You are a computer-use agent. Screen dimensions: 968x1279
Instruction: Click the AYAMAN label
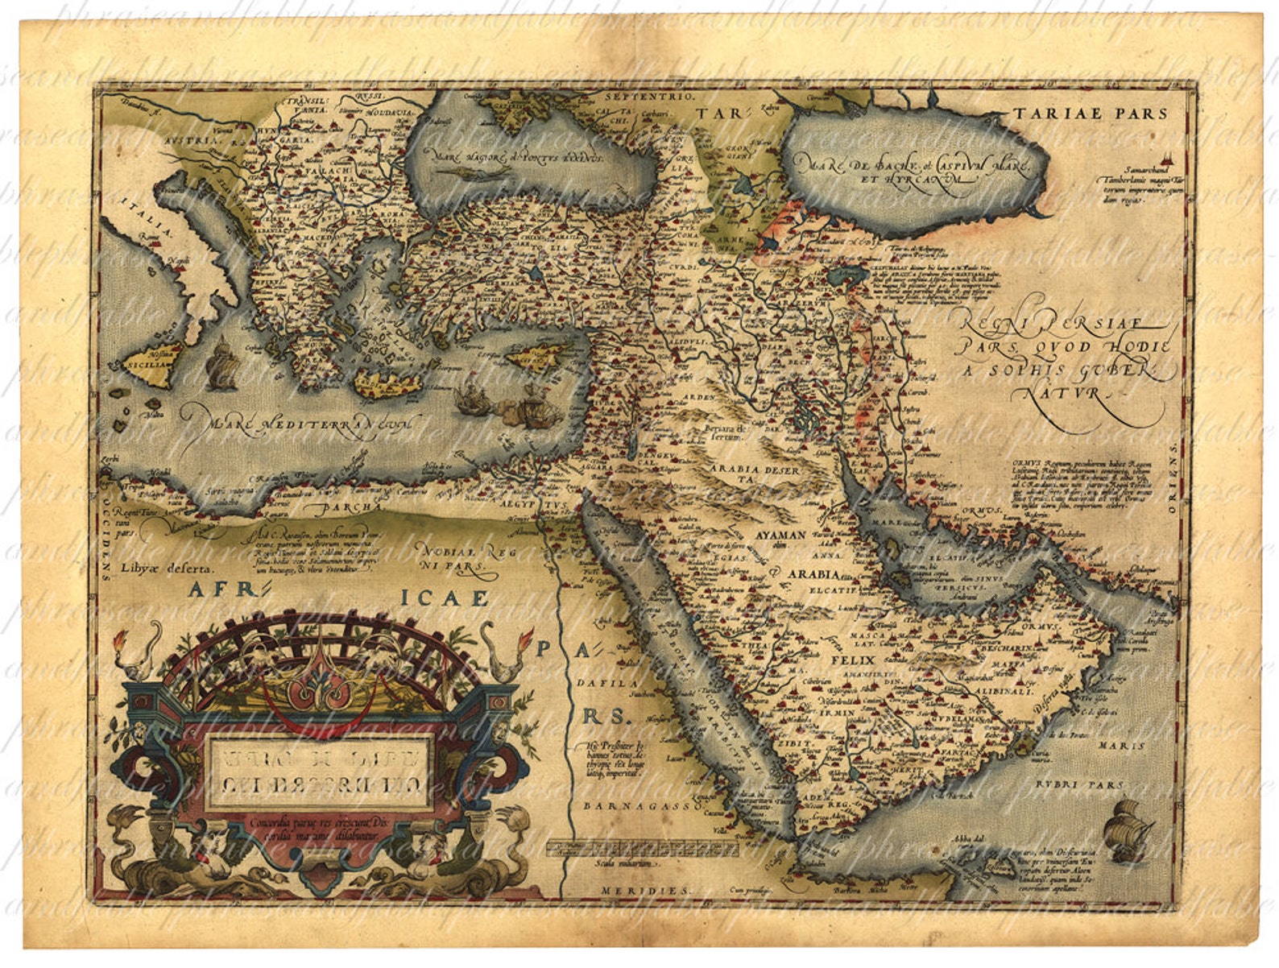(x=780, y=534)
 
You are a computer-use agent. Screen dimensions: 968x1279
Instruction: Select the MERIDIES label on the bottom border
(x=645, y=891)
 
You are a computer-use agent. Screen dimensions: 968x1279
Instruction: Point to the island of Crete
(x=390, y=384)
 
